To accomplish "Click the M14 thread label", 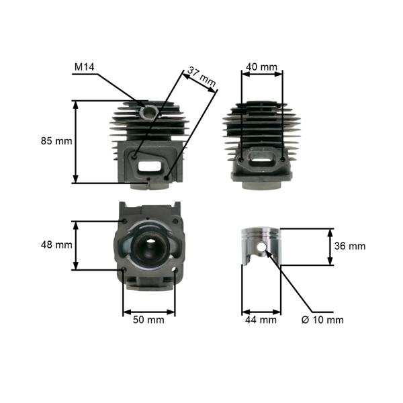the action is click(x=85, y=66).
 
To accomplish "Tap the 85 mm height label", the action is click(x=56, y=141).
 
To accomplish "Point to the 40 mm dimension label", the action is click(x=262, y=67).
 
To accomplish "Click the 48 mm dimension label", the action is click(x=56, y=244).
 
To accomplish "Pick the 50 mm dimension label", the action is click(x=148, y=320).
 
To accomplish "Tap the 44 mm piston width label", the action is click(x=261, y=320).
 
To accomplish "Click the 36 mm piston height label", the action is click(x=350, y=247).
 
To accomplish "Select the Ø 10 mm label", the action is click(x=322, y=320).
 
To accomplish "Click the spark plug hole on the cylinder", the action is click(x=148, y=112).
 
